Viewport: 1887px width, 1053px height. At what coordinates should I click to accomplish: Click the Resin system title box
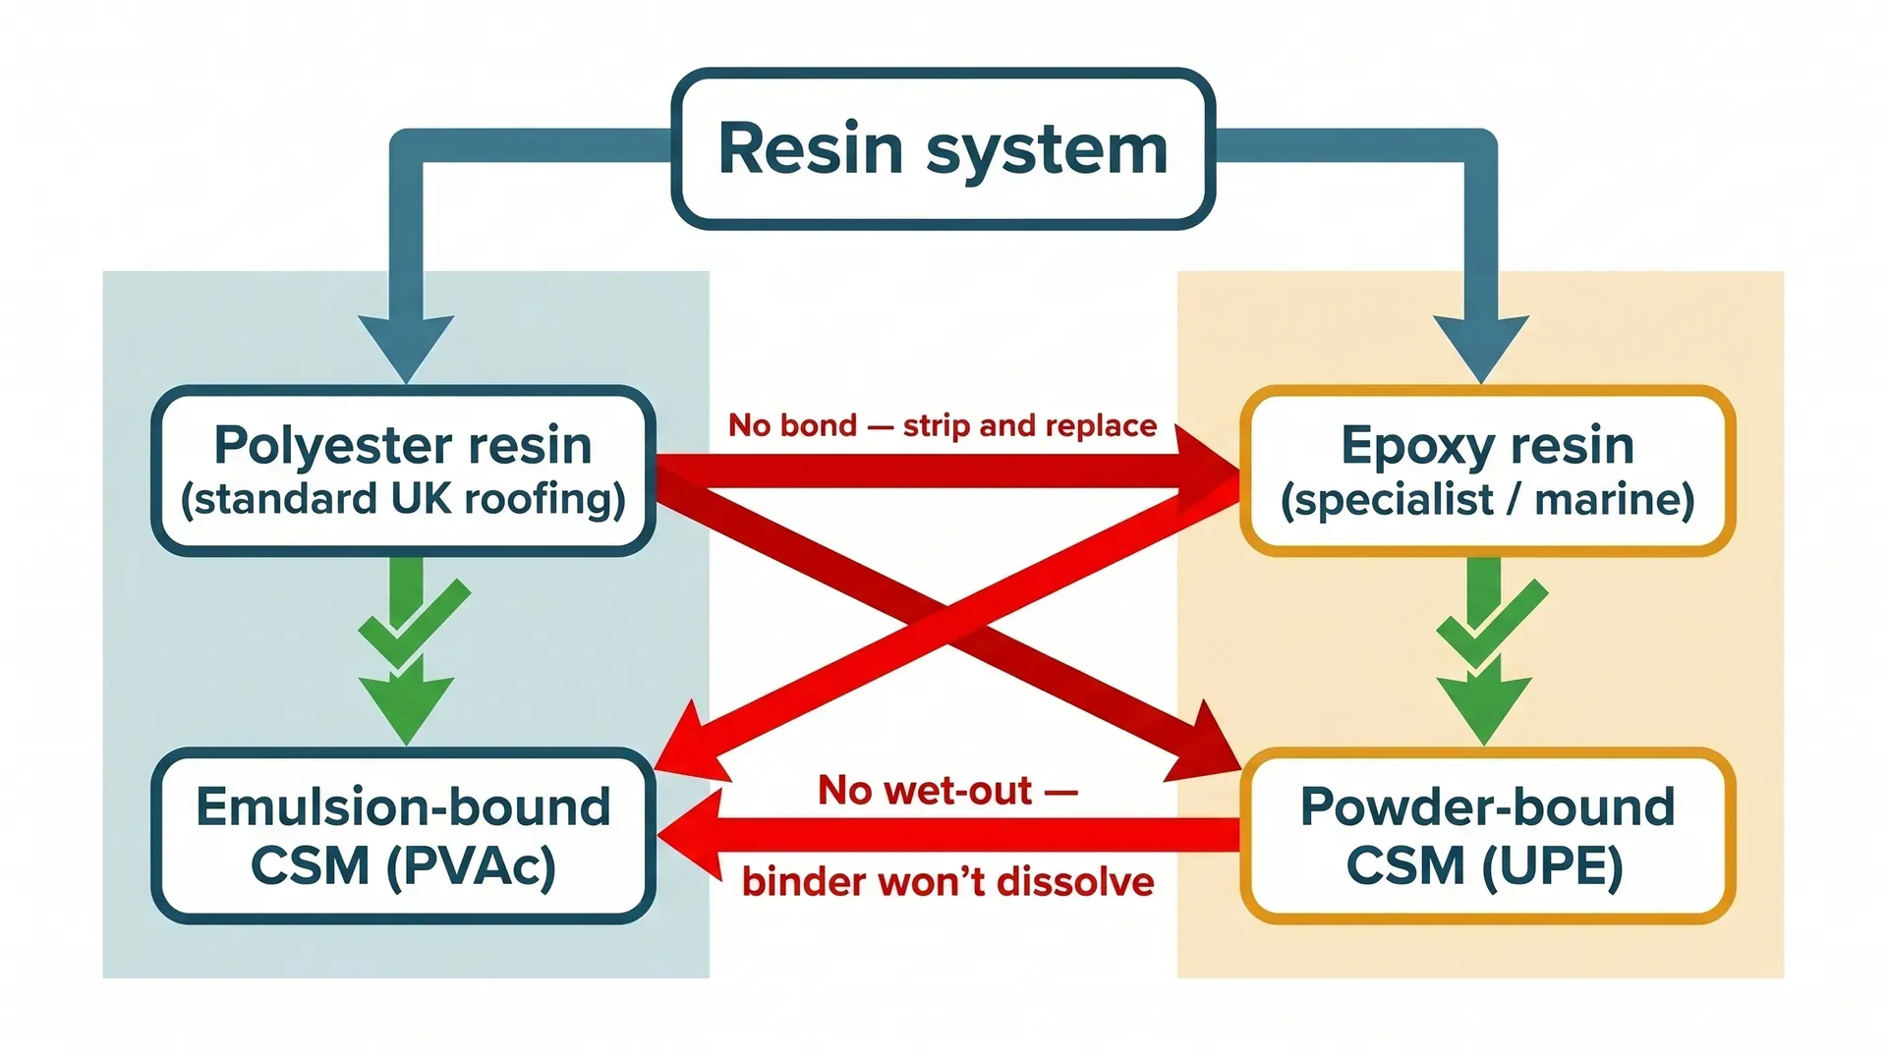point(943,149)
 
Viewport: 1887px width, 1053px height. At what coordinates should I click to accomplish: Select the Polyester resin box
point(403,471)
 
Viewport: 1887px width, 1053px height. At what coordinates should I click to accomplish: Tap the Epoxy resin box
point(1487,471)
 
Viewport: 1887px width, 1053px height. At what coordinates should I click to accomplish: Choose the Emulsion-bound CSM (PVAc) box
point(403,835)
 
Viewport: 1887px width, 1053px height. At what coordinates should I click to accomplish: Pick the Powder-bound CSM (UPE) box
point(1487,835)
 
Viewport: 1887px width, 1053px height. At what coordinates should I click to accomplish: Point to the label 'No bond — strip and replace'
point(942,425)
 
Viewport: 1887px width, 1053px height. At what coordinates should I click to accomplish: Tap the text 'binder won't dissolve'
point(947,881)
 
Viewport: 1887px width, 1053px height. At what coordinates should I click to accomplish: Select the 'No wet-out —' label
point(947,790)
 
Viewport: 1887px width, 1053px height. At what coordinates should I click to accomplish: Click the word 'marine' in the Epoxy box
point(1614,499)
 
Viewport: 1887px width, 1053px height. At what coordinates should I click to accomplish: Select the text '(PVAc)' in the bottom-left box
point(472,866)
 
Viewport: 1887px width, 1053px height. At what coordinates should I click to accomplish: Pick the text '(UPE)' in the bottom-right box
point(1553,866)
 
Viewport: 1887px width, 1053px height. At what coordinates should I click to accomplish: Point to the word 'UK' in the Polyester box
point(422,499)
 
